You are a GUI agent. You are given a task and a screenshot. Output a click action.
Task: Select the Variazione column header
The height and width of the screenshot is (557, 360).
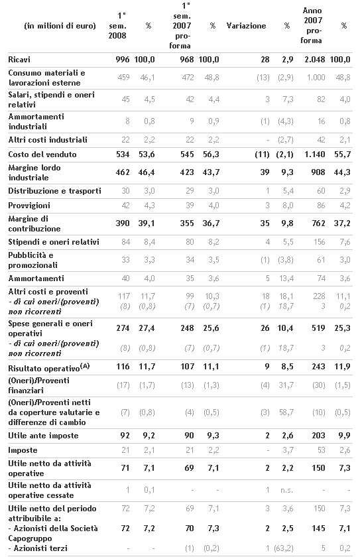(246, 26)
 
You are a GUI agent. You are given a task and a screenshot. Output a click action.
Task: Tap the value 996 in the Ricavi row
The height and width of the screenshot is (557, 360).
(123, 59)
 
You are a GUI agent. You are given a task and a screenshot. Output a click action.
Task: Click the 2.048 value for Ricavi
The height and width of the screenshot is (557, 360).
(314, 59)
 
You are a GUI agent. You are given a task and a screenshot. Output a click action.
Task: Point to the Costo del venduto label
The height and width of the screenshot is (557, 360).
(42, 154)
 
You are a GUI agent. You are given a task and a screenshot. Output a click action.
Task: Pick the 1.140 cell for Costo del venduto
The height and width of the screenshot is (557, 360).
(315, 154)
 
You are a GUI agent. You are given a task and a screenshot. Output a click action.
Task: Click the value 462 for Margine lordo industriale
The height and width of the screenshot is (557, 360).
(123, 172)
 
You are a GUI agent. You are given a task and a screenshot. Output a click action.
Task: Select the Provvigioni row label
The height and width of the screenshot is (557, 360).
(29, 206)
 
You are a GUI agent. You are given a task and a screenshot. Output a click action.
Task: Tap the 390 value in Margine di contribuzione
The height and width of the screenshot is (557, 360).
(123, 223)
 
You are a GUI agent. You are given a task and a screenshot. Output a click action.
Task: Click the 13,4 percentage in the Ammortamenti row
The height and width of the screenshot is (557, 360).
(286, 278)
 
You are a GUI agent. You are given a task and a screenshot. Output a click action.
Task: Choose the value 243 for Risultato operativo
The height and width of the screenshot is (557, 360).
(318, 366)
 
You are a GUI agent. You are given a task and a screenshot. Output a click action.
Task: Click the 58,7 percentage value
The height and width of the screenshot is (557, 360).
(286, 412)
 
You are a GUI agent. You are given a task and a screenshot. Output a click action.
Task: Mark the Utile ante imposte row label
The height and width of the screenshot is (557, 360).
(43, 436)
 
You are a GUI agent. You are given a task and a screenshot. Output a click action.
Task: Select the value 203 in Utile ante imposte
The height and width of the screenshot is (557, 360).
(318, 436)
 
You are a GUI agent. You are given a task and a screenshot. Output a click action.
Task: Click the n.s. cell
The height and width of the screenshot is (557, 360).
(286, 490)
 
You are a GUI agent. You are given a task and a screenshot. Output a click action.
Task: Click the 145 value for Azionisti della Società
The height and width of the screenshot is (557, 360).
(318, 528)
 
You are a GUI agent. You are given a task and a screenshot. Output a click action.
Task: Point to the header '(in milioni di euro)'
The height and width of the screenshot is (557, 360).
(60, 26)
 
